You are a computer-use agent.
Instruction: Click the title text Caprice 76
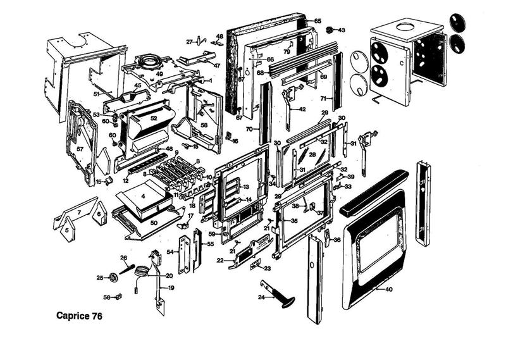[79, 314]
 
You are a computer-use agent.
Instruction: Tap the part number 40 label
[388, 289]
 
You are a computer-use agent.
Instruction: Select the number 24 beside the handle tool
[261, 296]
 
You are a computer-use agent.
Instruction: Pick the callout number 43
[342, 30]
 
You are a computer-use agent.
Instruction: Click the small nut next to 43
[330, 29]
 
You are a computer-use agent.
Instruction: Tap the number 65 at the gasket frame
[318, 21]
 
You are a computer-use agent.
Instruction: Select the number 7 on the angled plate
[79, 214]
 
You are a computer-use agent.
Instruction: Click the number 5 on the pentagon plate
[66, 232]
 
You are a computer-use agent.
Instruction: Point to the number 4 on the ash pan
[143, 196]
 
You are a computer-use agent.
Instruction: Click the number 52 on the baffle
[154, 118]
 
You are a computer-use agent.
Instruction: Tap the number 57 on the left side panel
[80, 149]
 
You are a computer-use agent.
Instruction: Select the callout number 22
[219, 260]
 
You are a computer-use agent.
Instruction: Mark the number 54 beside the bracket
[170, 252]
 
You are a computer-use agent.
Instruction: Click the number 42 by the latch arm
[302, 109]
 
